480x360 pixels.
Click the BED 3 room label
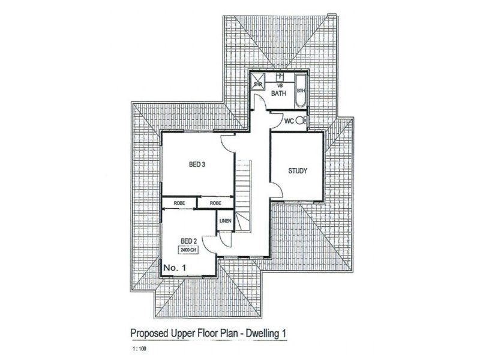coord(198,165)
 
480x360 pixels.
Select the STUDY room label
coord(297,171)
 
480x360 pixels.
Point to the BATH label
coord(278,94)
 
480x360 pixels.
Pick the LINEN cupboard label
coord(225,221)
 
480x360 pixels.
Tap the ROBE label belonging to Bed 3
coord(216,204)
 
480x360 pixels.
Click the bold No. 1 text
coord(175,265)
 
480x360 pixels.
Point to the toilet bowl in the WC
coord(304,122)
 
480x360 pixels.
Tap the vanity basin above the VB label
coord(280,78)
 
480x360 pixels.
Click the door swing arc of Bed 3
coord(228,143)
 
